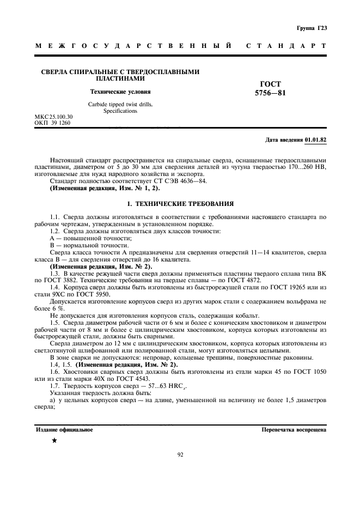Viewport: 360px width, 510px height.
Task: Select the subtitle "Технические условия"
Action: tap(120, 92)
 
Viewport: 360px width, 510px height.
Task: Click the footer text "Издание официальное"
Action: tap(64, 429)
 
